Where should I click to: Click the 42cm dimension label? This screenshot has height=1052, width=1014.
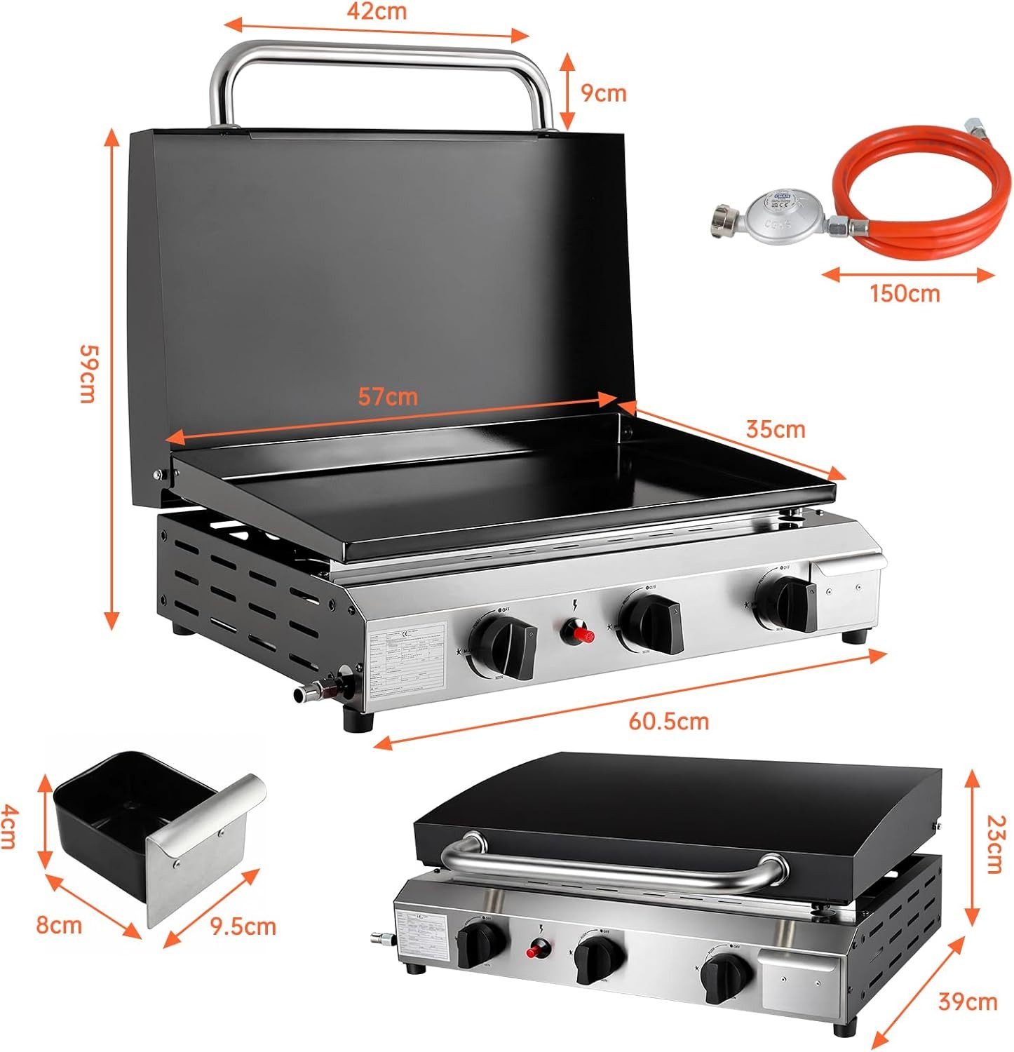tap(377, 11)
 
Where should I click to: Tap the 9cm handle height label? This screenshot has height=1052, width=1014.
tap(602, 93)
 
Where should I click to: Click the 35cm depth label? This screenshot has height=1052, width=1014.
tap(775, 429)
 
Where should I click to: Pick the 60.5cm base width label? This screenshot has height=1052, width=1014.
tap(668, 720)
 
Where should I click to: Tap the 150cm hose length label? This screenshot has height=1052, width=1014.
tap(905, 292)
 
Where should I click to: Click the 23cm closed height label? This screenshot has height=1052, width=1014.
tap(994, 843)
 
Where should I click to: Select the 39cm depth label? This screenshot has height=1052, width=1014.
tap(967, 1002)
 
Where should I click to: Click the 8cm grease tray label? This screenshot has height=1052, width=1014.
tap(59, 925)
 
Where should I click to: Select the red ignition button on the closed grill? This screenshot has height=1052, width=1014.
tap(537, 951)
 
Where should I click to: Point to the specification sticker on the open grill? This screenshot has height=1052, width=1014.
tap(407, 661)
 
